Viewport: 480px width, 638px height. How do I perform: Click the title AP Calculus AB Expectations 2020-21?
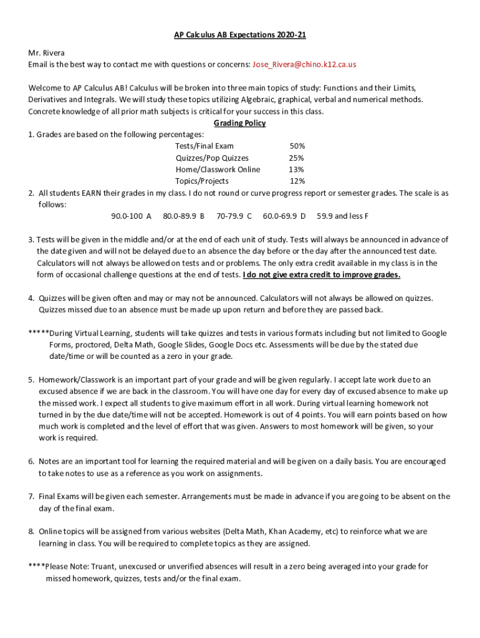click(240, 35)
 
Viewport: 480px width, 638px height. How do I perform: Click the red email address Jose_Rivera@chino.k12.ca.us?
click(304, 64)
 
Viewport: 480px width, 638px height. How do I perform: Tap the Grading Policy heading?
click(240, 123)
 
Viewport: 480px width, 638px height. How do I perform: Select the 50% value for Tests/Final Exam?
click(297, 146)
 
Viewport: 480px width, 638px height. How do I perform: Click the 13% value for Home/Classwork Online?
click(296, 169)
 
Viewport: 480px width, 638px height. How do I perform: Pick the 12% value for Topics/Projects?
click(297, 181)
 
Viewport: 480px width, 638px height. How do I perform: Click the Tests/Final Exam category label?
click(204, 146)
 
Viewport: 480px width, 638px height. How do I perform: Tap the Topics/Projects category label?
click(201, 181)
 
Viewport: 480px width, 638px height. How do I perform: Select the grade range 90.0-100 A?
click(131, 216)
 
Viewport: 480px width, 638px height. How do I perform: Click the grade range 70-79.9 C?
click(234, 216)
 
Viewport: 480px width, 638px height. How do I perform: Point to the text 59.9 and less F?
click(342, 216)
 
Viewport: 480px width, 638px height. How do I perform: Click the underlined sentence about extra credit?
click(322, 275)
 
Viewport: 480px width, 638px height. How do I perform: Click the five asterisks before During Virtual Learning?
click(38, 333)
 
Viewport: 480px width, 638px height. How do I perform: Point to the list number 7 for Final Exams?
click(31, 497)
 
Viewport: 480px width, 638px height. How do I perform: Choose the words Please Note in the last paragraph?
click(67, 566)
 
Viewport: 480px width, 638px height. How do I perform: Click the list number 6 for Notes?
click(31, 462)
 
